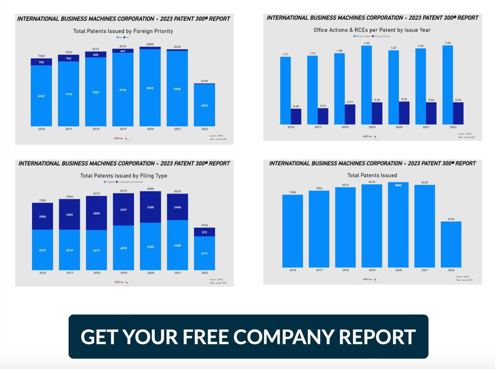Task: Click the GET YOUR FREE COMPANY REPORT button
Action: click(248, 336)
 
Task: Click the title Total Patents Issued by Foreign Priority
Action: click(123, 31)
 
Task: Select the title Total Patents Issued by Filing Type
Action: click(123, 175)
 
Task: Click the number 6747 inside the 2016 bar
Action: click(41, 96)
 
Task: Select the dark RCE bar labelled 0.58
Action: click(404, 113)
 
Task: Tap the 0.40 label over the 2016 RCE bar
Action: click(296, 106)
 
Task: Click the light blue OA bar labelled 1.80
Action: click(339, 89)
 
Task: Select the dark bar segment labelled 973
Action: click(204, 232)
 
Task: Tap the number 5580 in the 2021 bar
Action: click(177, 246)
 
